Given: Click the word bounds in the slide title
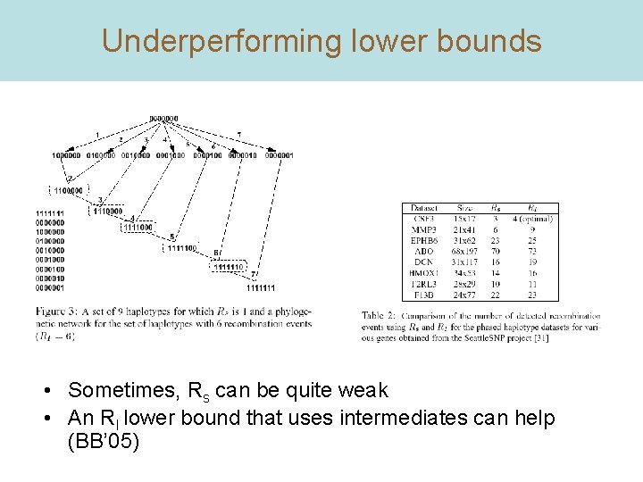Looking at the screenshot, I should click(x=494, y=41).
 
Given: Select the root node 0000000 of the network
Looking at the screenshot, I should click(x=163, y=118).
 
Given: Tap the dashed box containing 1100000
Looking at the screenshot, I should click(x=67, y=190).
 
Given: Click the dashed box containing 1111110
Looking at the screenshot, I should click(x=228, y=267).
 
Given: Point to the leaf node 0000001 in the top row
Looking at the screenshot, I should click(x=279, y=154).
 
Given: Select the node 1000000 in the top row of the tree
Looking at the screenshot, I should click(x=66, y=154).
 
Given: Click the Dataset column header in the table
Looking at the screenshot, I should click(x=425, y=209).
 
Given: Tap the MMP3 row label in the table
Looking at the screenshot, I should click(x=425, y=229).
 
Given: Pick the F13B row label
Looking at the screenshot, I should click(x=425, y=294).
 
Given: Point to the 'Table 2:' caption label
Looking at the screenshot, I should click(x=381, y=315).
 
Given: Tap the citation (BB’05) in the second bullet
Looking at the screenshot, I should click(x=103, y=440).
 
